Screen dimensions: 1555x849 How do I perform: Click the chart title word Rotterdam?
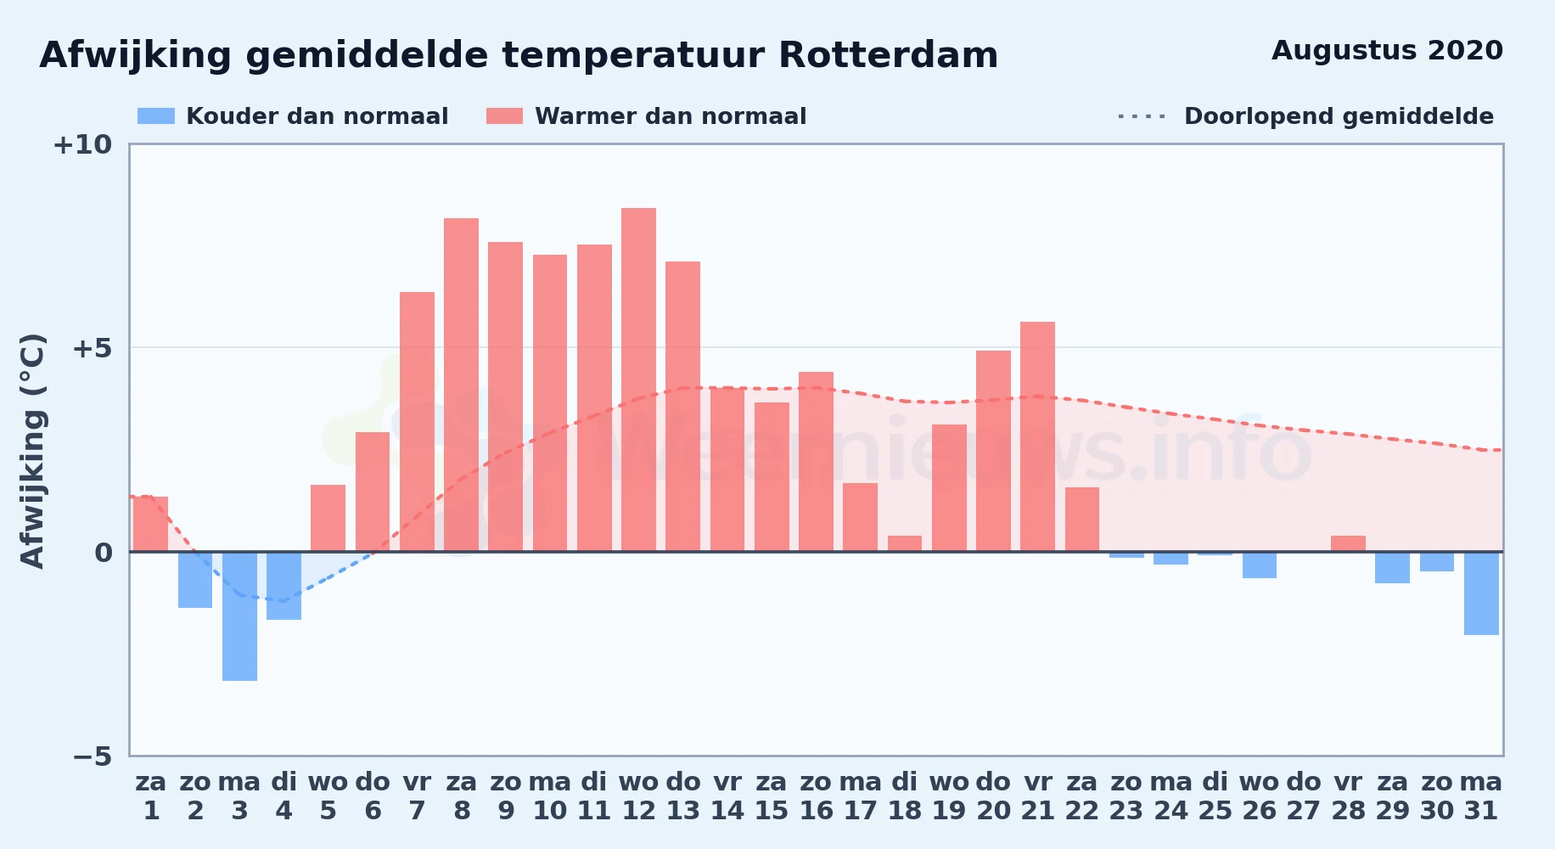pyautogui.click(x=888, y=55)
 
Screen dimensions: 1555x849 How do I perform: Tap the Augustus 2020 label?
pyautogui.click(x=1387, y=50)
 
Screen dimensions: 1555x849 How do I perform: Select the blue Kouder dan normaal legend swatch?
pyautogui.click(x=156, y=116)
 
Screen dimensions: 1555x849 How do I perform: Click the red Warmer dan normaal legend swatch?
pyautogui.click(x=504, y=116)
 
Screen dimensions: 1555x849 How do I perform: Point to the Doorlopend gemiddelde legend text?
pyautogui.click(x=1339, y=116)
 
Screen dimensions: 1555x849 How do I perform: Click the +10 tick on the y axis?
pyautogui.click(x=82, y=144)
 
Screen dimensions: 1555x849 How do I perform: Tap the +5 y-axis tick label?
pyautogui.click(x=92, y=348)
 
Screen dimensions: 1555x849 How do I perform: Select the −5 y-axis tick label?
pyautogui.click(x=92, y=756)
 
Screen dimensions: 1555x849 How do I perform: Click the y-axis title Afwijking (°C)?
pyautogui.click(x=32, y=451)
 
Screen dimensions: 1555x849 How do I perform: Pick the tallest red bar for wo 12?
pyautogui.click(x=638, y=380)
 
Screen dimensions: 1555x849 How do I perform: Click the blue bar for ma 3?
pyautogui.click(x=239, y=616)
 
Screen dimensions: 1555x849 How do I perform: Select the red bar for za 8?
pyautogui.click(x=461, y=385)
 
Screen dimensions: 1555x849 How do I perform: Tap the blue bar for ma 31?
pyautogui.click(x=1481, y=593)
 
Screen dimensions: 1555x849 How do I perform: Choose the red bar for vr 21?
pyautogui.click(x=1037, y=436)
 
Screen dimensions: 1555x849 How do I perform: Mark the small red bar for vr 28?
pyautogui.click(x=1348, y=543)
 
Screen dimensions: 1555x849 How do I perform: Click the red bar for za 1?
pyautogui.click(x=150, y=524)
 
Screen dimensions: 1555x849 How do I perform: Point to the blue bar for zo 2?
pyautogui.click(x=195, y=580)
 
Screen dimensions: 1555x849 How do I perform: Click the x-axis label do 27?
pyautogui.click(x=1303, y=796)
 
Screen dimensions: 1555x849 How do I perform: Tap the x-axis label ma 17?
pyautogui.click(x=860, y=796)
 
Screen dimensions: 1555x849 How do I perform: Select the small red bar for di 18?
pyautogui.click(x=905, y=543)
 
